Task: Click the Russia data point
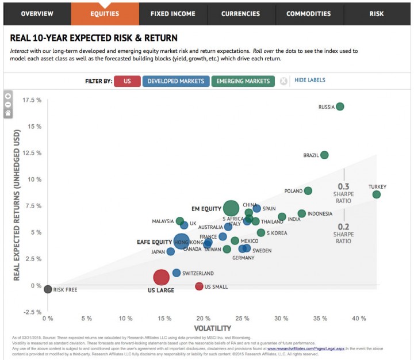coord(340,106)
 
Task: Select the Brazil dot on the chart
coord(324,155)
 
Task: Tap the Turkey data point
coord(377,194)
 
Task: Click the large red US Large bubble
coord(161,277)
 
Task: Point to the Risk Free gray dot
coord(48,289)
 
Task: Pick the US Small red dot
coord(199,286)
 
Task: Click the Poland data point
coord(308,191)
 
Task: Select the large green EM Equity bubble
coord(231,209)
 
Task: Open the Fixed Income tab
coord(172,13)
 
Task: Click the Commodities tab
coord(308,13)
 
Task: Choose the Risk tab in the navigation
coord(377,13)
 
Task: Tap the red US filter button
coord(127,81)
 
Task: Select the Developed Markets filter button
coord(175,81)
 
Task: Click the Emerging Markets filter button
coord(243,81)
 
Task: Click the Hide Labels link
coord(310,81)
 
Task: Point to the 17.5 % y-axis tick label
coord(31,100)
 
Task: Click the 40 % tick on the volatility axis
coord(359,317)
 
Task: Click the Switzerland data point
coord(177,273)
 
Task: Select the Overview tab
coord(37,13)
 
